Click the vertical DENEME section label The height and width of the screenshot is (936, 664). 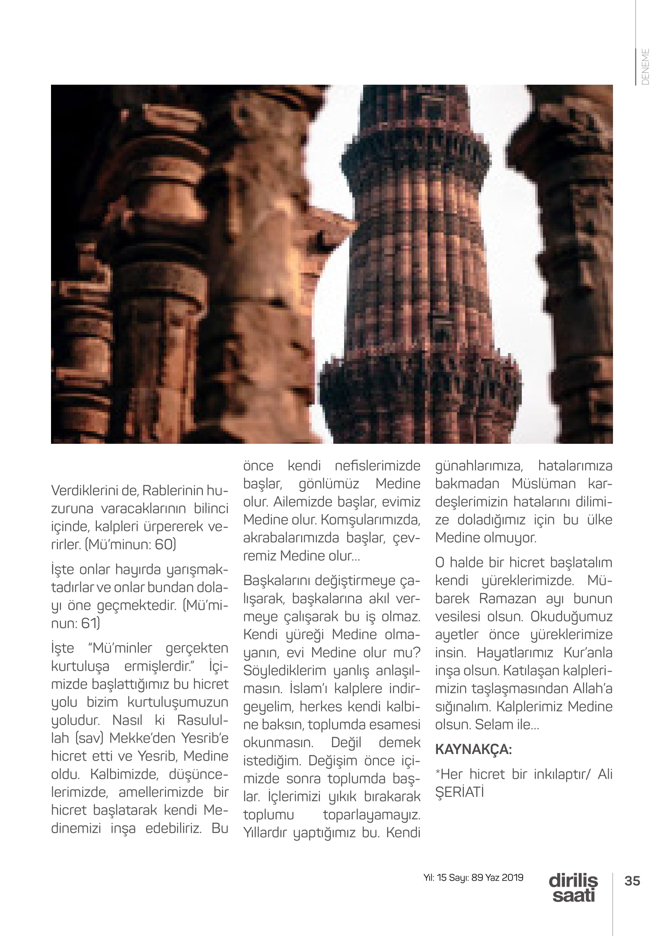pyautogui.click(x=646, y=67)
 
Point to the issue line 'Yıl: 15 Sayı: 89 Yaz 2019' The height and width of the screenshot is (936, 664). pyautogui.click(x=473, y=878)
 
